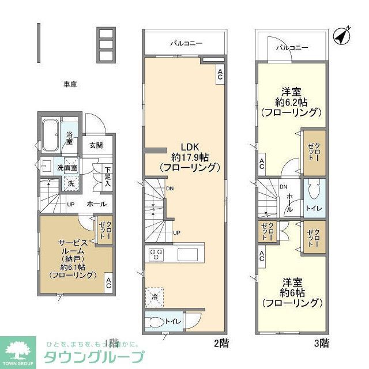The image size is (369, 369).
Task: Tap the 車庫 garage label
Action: pos(70,84)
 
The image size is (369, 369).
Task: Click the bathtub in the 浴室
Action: pos(51,133)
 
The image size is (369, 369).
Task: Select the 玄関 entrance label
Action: pos(96,145)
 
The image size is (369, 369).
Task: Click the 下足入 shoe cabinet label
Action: pos(107,175)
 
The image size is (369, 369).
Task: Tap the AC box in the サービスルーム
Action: pos(108,283)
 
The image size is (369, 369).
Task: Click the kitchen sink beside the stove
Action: pos(188,254)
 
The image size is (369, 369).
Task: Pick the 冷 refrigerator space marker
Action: pos(155,296)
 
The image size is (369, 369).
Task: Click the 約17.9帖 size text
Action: pos(188,156)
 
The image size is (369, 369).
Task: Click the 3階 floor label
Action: pos(321,343)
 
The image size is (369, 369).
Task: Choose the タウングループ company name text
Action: pos(95,356)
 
